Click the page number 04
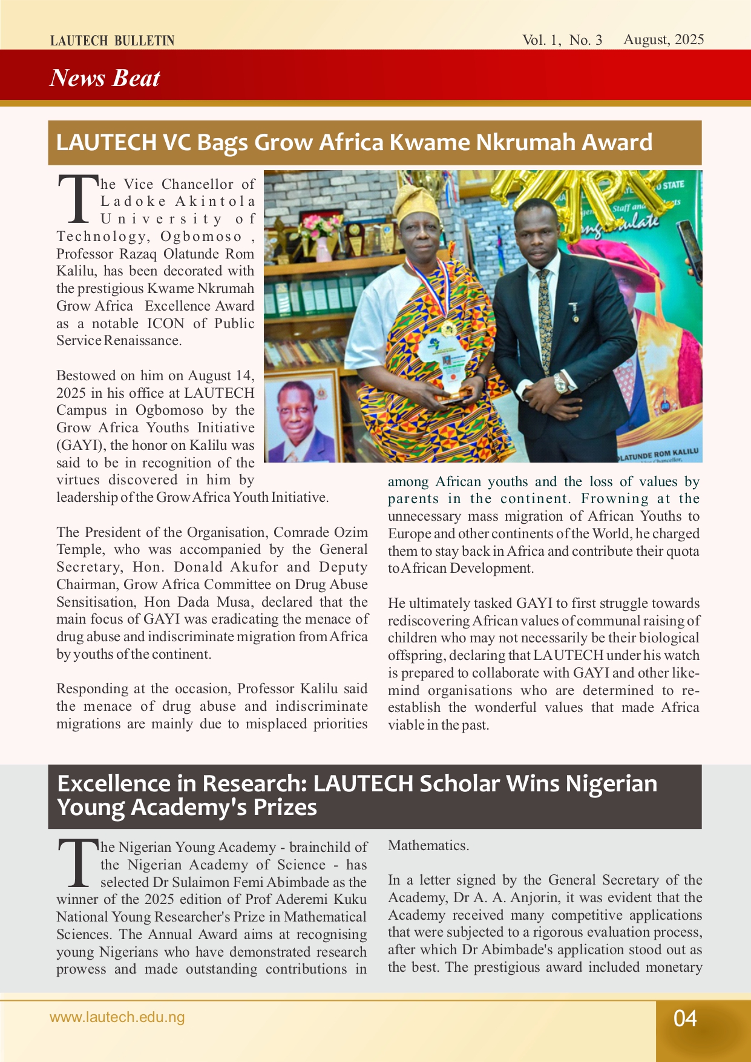pos(685,1018)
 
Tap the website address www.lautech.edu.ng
pos(117,1017)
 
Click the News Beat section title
pos(105,78)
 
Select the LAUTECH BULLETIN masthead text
pos(113,41)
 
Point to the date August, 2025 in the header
pos(664,39)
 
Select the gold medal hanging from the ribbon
pos(448,330)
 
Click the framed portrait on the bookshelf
pos(301,418)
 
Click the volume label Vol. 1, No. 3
pos(562,40)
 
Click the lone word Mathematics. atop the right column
pos(428,846)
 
